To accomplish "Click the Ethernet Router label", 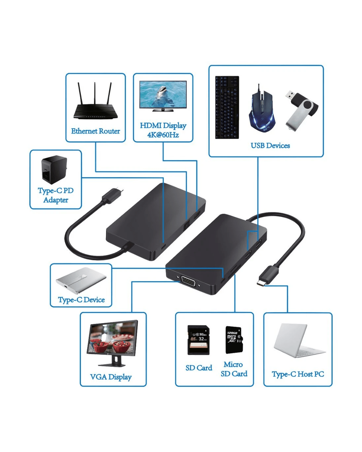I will (x=95, y=131).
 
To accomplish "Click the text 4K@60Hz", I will (x=163, y=135).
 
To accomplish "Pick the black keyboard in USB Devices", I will (x=227, y=107).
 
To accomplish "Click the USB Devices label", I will (x=270, y=146).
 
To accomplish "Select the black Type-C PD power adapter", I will (x=54, y=170).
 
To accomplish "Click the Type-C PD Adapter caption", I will (x=56, y=195).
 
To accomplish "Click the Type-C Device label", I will (x=81, y=300).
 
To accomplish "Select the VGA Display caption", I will (x=111, y=377).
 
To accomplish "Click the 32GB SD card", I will (x=198, y=340).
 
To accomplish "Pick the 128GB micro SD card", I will (x=234, y=340).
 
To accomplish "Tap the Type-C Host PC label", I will (x=298, y=374).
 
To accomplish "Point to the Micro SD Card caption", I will (x=234, y=369).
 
